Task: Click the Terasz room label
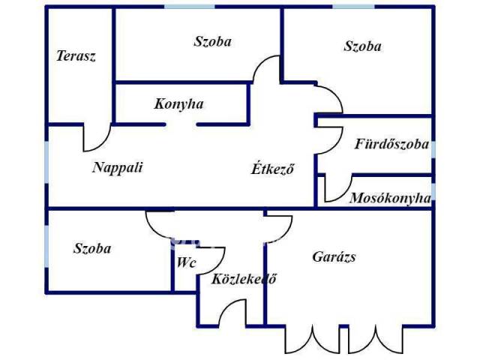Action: pos(76,56)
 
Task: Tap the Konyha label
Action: pos(179,103)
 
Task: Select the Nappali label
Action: pos(117,167)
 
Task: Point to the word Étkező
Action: pos(272,169)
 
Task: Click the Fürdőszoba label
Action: pos(391,144)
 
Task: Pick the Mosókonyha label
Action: pos(390,198)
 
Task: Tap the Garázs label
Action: pos(334,256)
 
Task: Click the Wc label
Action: pos(186,263)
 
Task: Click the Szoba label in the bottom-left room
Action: pos(92,248)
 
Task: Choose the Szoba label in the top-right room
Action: pos(363,46)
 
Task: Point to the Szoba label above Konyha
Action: pos(212,42)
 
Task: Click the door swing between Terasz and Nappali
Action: pos(96,136)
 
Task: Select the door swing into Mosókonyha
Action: pos(338,188)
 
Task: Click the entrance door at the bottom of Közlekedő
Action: pos(232,313)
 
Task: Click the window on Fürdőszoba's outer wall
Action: pos(433,148)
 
